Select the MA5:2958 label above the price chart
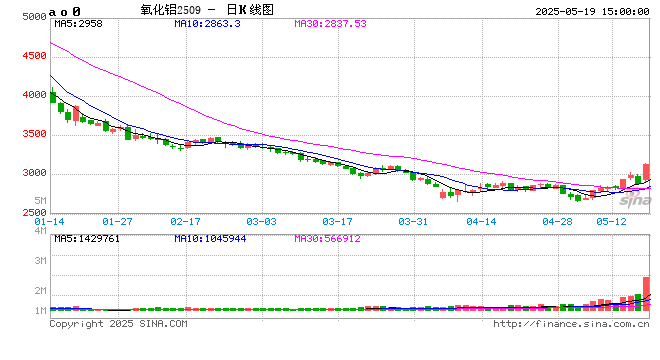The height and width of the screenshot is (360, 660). pyautogui.click(x=78, y=22)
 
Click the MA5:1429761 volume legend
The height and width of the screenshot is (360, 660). pyautogui.click(x=88, y=239)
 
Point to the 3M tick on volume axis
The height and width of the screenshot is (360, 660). pyautogui.click(x=40, y=260)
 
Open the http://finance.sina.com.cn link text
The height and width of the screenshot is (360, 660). pyautogui.click(x=571, y=324)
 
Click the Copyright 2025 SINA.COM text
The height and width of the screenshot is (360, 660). pyautogui.click(x=118, y=324)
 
